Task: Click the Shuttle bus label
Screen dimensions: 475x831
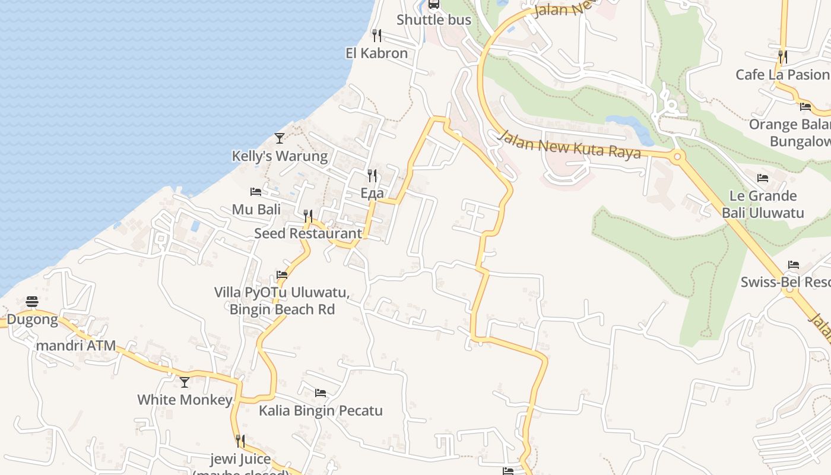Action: pos(434,20)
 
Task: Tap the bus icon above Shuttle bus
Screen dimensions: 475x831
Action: pos(434,4)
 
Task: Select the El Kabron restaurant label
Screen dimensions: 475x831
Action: pos(376,53)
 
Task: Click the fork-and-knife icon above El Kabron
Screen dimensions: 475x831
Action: pos(376,36)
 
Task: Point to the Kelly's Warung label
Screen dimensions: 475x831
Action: pos(280,156)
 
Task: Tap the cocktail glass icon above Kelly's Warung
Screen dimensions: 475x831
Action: pos(280,138)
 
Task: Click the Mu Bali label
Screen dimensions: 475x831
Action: pos(256,209)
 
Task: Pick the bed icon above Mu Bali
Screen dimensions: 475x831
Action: pos(256,192)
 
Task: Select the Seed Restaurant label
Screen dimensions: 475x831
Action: pos(308,233)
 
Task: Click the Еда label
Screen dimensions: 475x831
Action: pos(372,193)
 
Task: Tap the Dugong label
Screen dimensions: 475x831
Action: pos(33,320)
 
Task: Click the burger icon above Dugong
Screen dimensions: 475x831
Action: pos(32,302)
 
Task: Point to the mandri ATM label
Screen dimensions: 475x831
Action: pos(76,346)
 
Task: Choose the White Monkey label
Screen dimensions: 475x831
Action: pos(185,400)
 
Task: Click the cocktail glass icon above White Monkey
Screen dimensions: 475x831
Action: pos(185,382)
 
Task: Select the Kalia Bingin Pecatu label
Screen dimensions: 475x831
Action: pos(321,410)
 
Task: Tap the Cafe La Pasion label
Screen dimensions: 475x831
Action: pos(782,74)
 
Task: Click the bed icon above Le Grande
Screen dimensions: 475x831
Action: pos(763,178)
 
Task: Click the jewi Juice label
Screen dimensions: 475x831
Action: pos(240,459)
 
